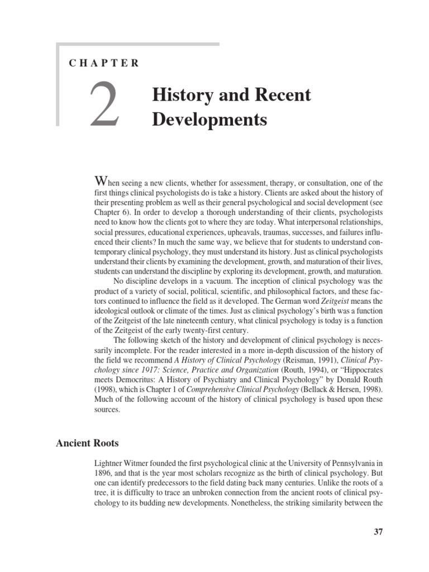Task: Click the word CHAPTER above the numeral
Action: [104, 63]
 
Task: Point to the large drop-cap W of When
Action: [101, 182]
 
